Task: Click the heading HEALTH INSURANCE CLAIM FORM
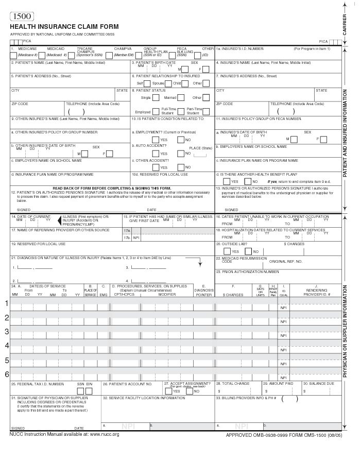click(x=64, y=27)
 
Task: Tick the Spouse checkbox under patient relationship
click(x=168, y=83)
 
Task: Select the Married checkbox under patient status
click(x=181, y=97)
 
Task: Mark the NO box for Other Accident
click(x=181, y=167)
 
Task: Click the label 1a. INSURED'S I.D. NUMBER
click(x=239, y=48)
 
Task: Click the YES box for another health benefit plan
click(x=227, y=181)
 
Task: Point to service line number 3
click(x=7, y=331)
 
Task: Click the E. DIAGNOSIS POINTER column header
click(x=204, y=290)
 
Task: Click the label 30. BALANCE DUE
click(x=320, y=384)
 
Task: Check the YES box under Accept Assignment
click(x=168, y=391)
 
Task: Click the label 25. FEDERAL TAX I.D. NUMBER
click(x=38, y=384)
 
